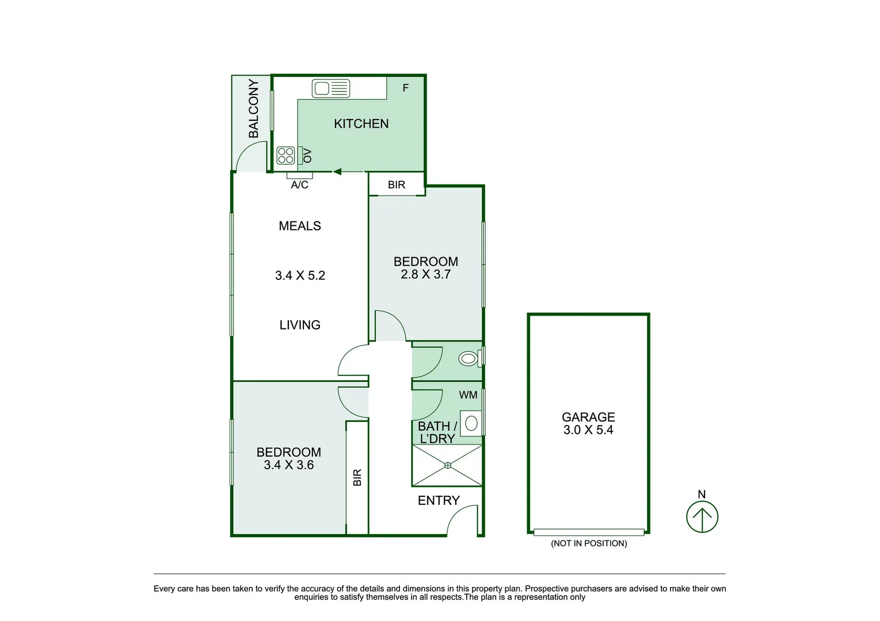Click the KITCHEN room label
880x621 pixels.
[361, 124]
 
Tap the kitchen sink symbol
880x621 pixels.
[331, 89]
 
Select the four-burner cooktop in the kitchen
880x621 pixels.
[286, 155]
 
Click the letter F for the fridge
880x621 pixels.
[406, 88]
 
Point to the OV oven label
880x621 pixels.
[307, 155]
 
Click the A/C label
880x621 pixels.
[299, 185]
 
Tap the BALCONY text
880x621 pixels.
[253, 109]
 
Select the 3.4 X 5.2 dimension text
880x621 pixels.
[300, 275]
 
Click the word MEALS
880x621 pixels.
[300, 226]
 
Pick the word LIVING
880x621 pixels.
[300, 325]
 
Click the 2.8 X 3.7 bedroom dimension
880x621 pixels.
[425, 274]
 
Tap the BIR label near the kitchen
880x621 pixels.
[397, 185]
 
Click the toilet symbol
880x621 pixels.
[468, 359]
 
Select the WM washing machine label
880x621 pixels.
[468, 395]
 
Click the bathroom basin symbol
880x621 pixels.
[471, 424]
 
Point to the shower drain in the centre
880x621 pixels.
[448, 465]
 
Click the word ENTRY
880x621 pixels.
[439, 500]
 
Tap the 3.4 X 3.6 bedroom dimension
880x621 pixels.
[288, 465]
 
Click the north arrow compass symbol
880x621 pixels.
[702, 516]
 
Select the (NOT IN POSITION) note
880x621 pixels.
[589, 543]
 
